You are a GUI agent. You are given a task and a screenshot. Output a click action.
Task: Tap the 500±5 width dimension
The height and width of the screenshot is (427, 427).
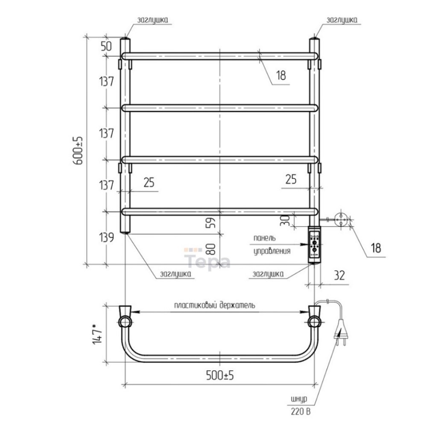click(220, 375)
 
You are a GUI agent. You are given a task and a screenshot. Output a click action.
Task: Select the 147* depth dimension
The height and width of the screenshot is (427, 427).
click(97, 333)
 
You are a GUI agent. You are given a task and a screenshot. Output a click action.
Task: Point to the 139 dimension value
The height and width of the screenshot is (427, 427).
click(106, 237)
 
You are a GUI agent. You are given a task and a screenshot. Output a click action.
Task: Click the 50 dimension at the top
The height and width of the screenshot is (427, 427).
click(106, 46)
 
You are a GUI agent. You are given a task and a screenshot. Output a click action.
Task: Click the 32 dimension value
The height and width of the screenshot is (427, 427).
click(339, 275)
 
